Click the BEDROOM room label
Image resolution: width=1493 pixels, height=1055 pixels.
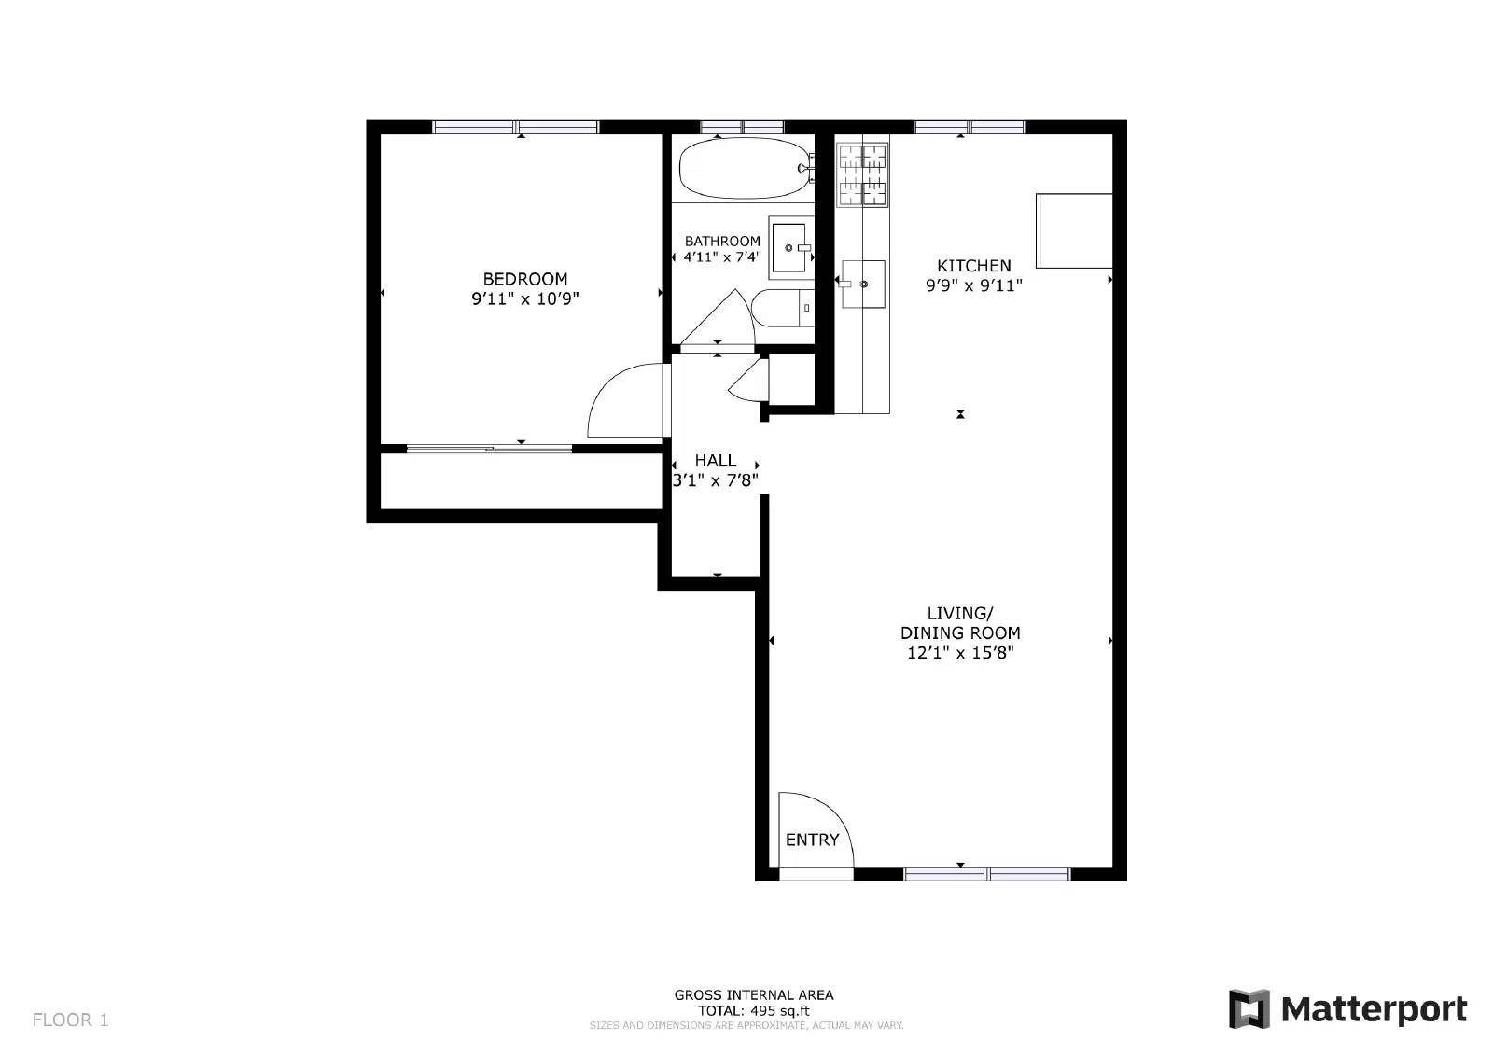[524, 278]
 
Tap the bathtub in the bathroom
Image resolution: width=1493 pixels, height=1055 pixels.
[744, 169]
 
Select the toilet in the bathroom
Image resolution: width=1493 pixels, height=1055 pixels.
[781, 308]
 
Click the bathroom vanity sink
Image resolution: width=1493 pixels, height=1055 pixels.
[789, 248]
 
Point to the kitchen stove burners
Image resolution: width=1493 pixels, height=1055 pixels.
[862, 174]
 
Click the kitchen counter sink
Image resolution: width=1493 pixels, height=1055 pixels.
[863, 284]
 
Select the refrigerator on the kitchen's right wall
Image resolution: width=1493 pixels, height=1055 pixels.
[1074, 230]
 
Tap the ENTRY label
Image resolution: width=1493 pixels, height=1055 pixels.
[812, 840]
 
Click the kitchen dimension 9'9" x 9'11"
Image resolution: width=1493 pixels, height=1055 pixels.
[973, 285]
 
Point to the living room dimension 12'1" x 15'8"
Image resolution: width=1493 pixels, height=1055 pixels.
[960, 653]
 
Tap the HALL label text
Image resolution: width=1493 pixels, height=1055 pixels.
[715, 460]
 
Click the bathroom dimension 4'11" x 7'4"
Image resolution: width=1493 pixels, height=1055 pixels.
[722, 257]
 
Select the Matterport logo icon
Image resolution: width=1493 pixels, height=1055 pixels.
[1249, 1008]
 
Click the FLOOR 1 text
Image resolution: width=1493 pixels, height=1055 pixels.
[71, 1020]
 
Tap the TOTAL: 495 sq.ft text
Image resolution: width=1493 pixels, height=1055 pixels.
[754, 1010]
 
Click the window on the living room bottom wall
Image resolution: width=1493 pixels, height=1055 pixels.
[986, 873]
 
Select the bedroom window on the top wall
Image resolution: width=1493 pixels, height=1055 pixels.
[515, 127]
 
